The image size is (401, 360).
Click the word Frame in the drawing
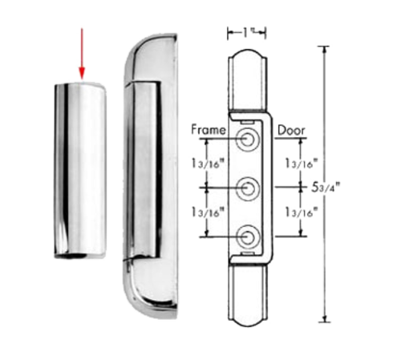(207, 128)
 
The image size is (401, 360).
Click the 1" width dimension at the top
(246, 31)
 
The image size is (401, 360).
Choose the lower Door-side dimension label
(298, 212)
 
